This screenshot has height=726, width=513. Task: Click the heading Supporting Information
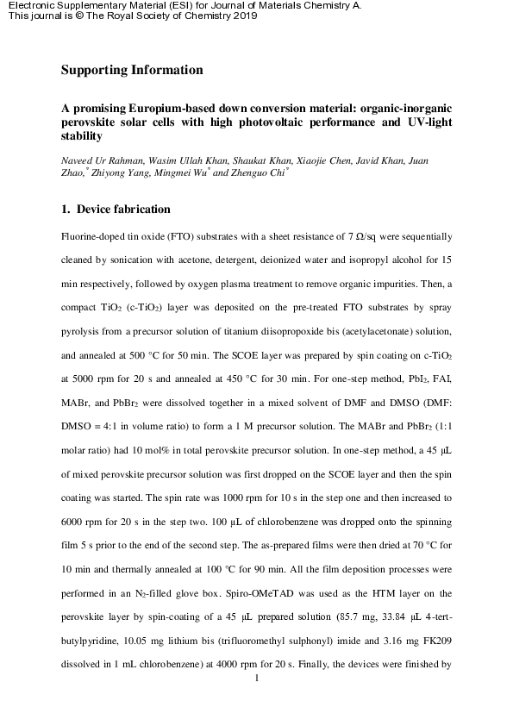pyautogui.click(x=132, y=70)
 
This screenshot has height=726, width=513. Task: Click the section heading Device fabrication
pyautogui.click(x=123, y=210)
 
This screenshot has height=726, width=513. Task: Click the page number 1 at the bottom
pyautogui.click(x=257, y=678)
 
